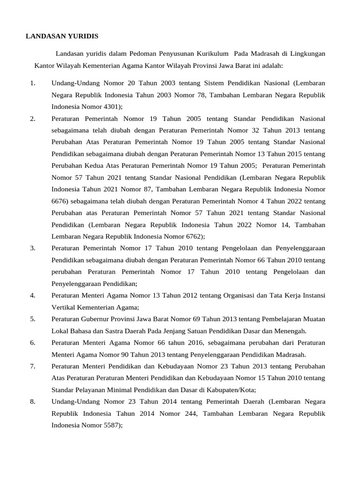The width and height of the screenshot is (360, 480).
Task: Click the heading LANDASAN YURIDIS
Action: tap(62, 36)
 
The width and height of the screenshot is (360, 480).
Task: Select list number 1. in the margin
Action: tap(32, 83)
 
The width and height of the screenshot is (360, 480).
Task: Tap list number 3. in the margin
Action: tap(32, 248)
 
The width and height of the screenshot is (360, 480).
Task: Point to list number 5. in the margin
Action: tap(32, 319)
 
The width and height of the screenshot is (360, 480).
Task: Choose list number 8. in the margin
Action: tap(32, 402)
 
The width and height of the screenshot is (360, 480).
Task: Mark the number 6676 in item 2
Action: tap(60, 201)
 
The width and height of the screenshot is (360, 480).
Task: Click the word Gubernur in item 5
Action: tap(98, 319)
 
